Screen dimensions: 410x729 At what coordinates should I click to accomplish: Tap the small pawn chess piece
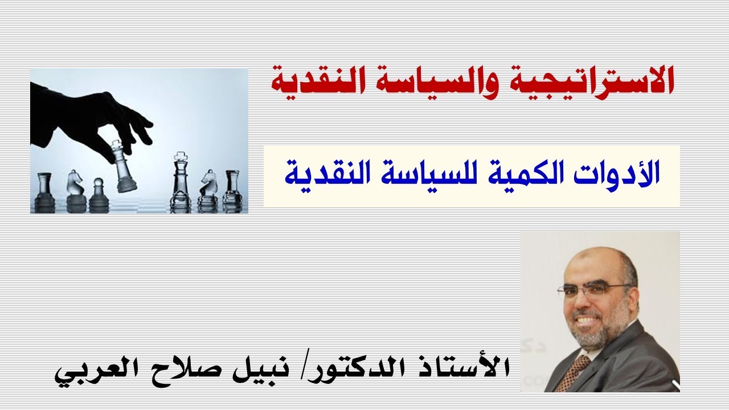click(x=98, y=194)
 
